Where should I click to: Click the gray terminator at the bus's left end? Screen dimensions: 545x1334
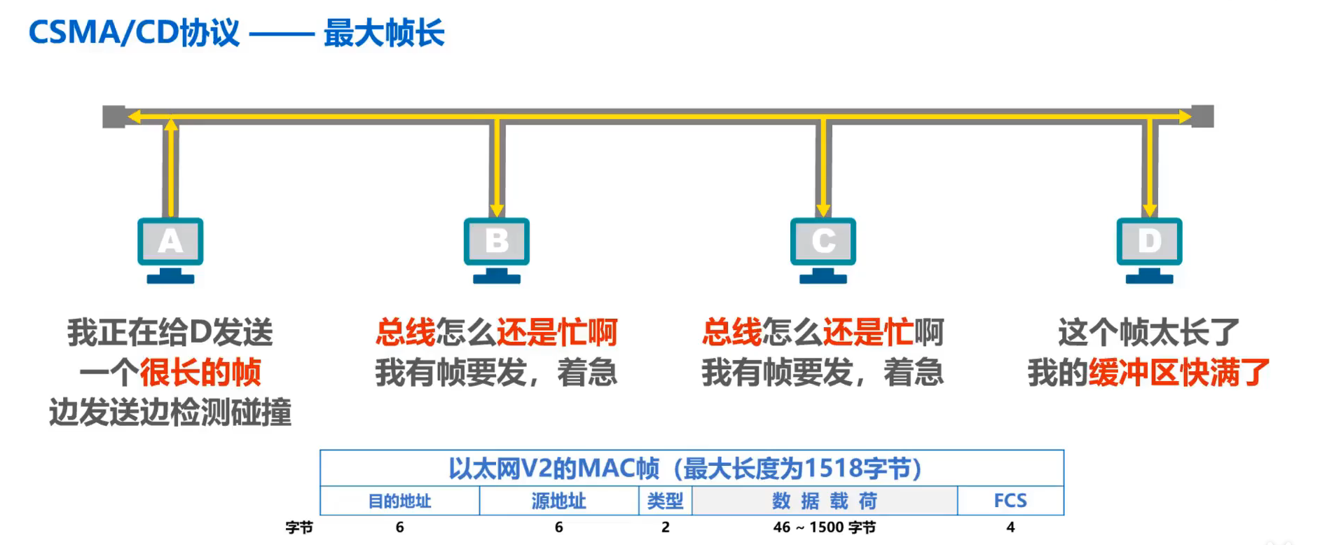(x=114, y=116)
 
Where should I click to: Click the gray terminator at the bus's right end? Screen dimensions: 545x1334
(x=1202, y=116)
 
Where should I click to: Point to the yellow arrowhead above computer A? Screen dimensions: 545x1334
(x=171, y=125)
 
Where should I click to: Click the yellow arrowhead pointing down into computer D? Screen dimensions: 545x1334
(x=1149, y=209)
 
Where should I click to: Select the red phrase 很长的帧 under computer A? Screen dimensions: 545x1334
(x=200, y=372)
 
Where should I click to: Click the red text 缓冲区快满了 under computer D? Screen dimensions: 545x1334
(x=1179, y=372)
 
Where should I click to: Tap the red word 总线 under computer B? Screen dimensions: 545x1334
(x=405, y=332)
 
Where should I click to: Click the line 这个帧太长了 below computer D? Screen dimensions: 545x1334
(x=1149, y=332)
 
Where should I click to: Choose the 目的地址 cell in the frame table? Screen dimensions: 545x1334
(x=399, y=501)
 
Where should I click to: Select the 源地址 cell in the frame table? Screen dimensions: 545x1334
(x=558, y=501)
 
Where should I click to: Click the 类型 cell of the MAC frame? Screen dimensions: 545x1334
(x=665, y=501)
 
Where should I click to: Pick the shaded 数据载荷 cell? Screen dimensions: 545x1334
(x=825, y=501)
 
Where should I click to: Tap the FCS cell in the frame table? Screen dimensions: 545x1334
(x=1010, y=501)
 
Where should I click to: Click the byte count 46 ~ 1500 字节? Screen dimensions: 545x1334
(x=825, y=527)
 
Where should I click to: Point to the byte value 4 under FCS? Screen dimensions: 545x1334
(x=1010, y=527)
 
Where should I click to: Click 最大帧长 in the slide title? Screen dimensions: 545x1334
(x=384, y=34)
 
